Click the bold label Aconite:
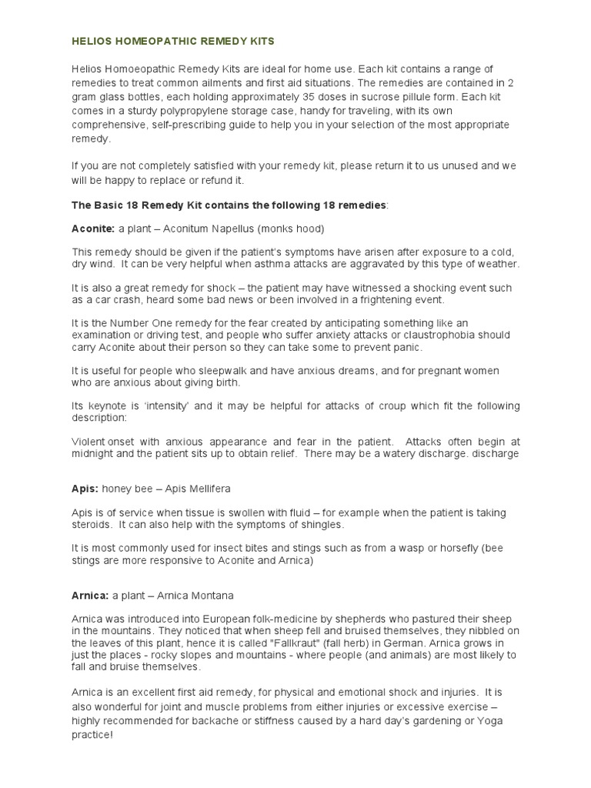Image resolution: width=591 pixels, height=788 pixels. click(x=92, y=229)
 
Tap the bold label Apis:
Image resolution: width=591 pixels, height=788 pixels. click(x=85, y=489)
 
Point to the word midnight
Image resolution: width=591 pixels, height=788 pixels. click(x=92, y=453)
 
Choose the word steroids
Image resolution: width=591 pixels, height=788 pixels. click(x=91, y=525)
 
